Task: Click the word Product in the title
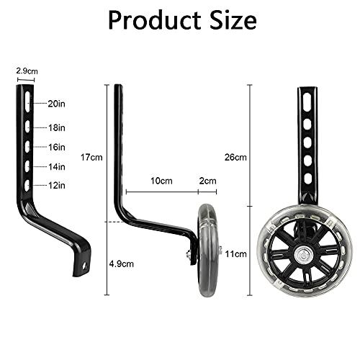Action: [155, 20]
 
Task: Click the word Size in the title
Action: [233, 20]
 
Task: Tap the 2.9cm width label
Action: [27, 71]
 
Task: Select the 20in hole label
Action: [57, 104]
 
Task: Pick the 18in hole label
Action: [57, 127]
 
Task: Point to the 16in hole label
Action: [57, 147]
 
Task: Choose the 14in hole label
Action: [57, 166]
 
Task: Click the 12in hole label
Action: [57, 185]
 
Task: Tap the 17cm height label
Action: [91, 158]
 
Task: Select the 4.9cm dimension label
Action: [122, 264]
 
